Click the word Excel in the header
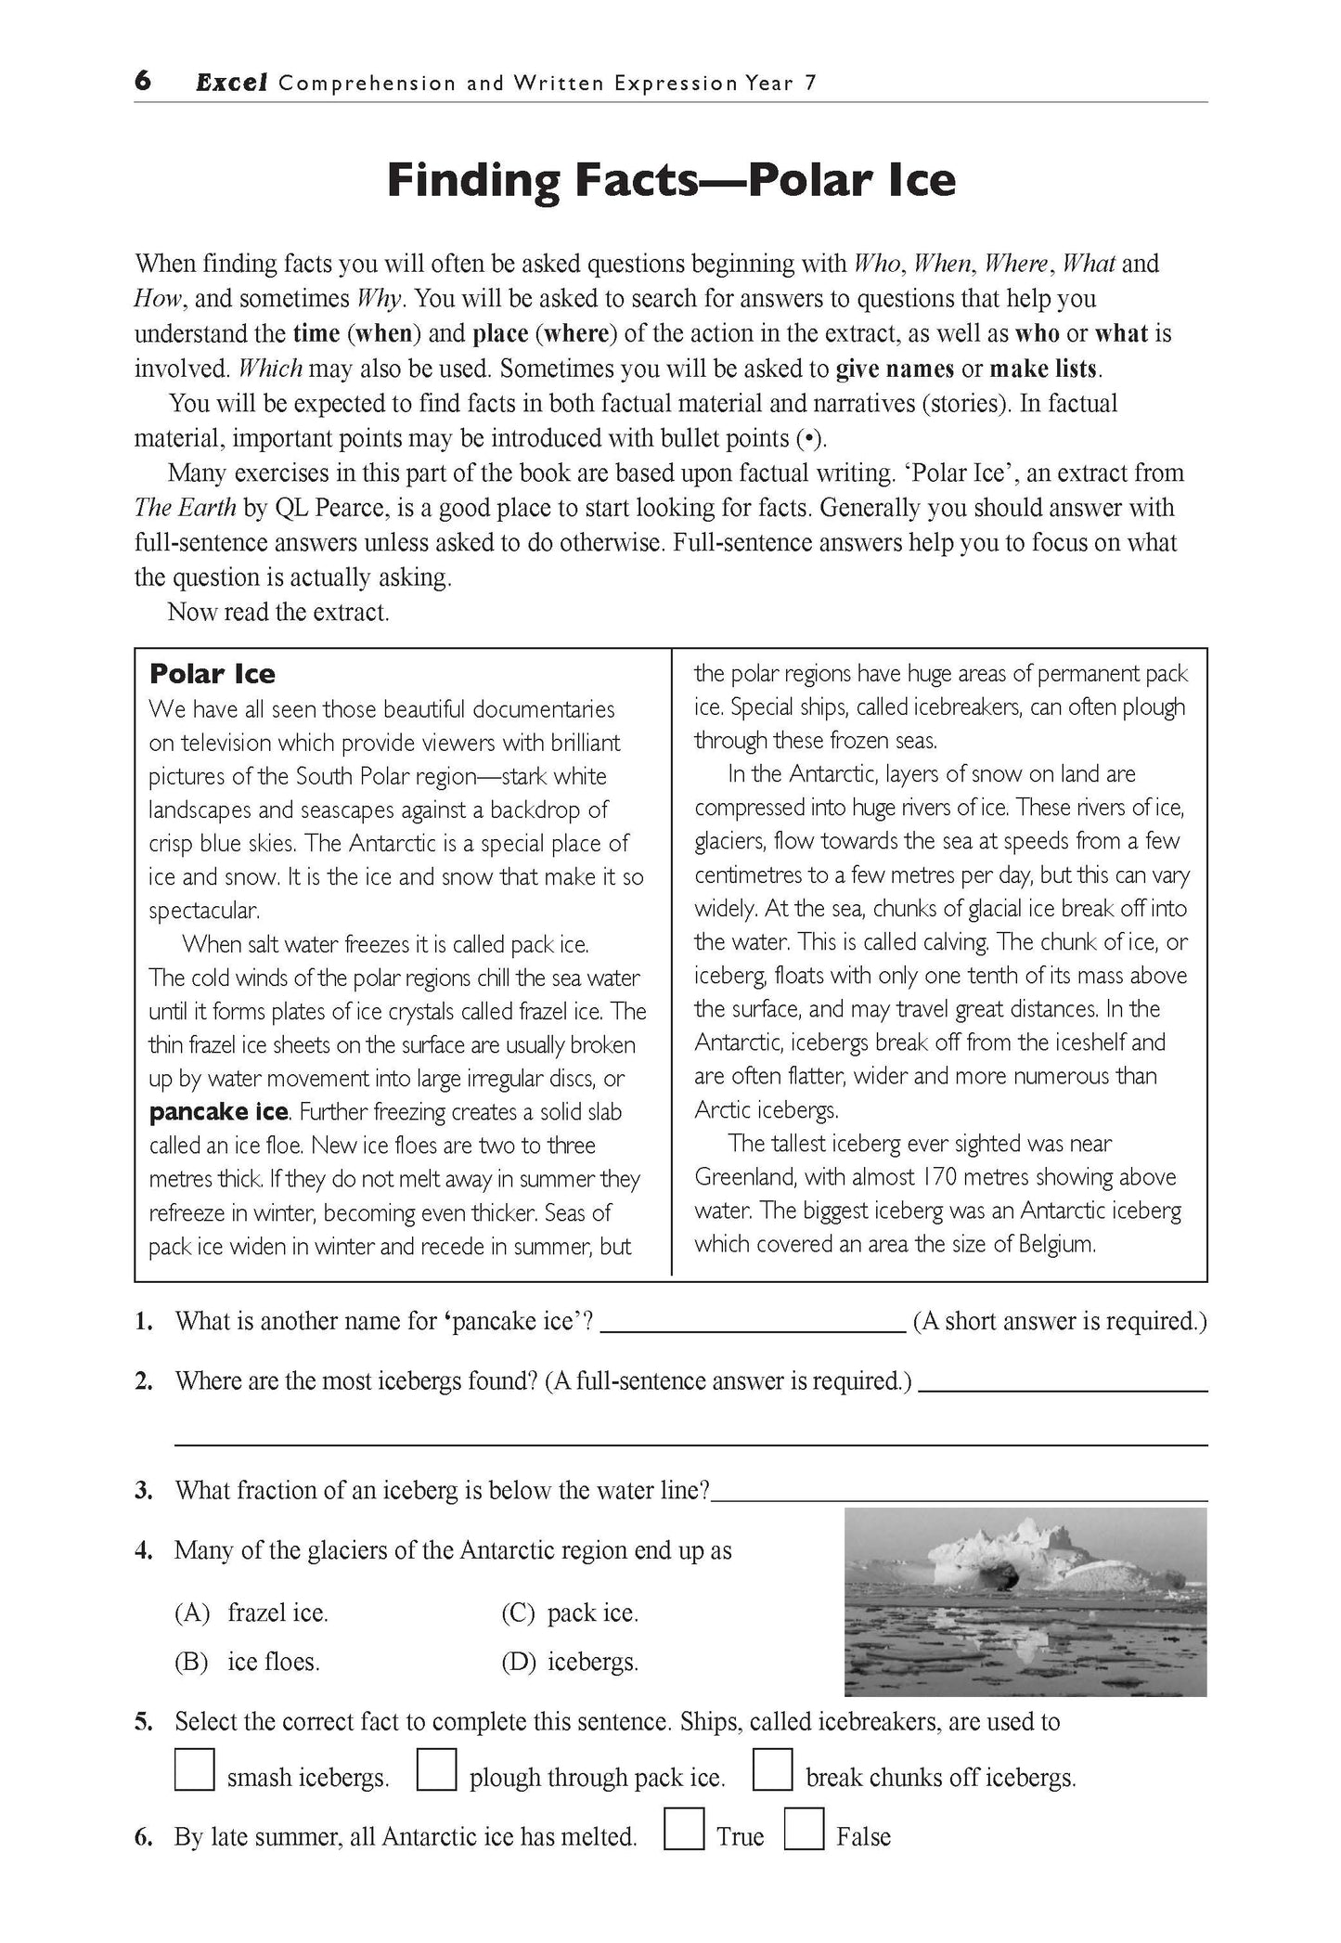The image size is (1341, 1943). [231, 83]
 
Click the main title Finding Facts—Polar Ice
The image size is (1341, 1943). [670, 179]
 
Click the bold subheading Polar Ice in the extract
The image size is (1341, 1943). [213, 674]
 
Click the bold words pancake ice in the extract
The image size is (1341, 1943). [219, 1111]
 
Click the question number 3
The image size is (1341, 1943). [143, 1490]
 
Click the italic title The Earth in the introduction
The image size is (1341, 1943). [185, 508]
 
